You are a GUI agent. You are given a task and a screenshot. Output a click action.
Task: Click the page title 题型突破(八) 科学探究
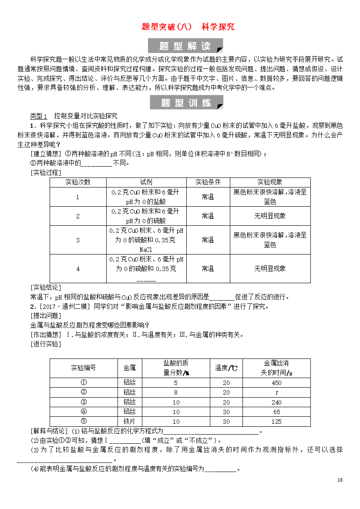pos(188,27)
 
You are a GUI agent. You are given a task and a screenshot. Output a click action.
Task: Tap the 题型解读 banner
pos(185,46)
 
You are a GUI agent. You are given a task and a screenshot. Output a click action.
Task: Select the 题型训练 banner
pos(186,103)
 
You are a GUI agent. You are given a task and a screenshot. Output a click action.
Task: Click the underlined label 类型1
pos(38,116)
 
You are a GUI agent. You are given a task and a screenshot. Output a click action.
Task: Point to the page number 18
pos(340,480)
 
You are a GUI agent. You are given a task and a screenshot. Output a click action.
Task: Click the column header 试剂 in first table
pos(146,182)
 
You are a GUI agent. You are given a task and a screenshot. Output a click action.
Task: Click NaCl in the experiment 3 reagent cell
pos(146,250)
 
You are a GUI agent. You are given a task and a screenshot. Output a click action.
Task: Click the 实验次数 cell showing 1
pos(78,197)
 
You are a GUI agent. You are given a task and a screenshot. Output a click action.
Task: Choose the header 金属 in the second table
pos(130,368)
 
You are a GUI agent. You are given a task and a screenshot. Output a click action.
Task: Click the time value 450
pos(276,383)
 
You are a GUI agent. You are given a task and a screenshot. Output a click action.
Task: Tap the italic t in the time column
pos(276,392)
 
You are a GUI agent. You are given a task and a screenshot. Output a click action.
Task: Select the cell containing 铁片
pos(130,422)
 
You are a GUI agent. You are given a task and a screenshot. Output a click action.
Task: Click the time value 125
pos(276,422)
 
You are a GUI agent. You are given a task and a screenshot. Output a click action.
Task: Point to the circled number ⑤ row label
pos(84,421)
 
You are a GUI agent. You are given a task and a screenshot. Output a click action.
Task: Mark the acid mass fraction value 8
pos(176,392)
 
